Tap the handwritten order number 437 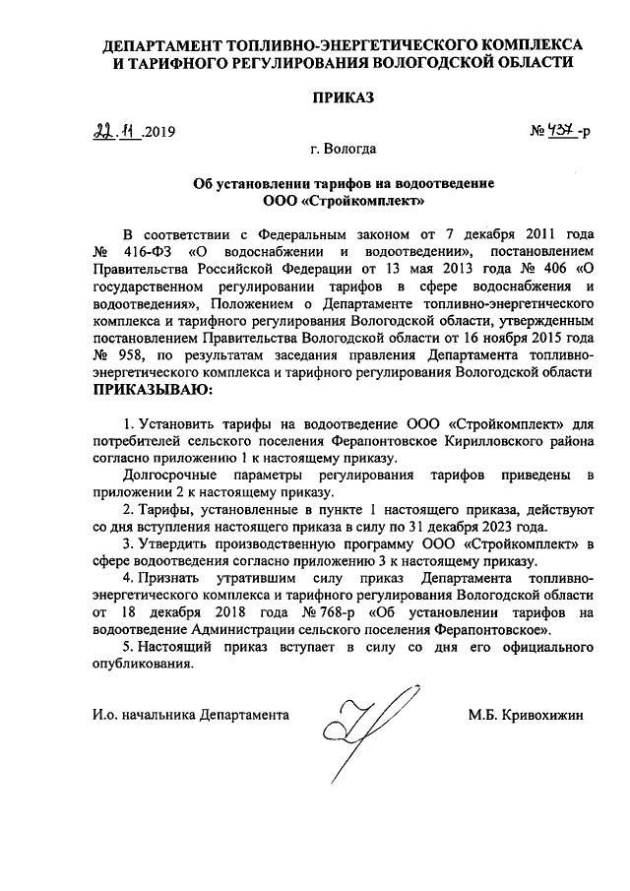pyautogui.click(x=562, y=130)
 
